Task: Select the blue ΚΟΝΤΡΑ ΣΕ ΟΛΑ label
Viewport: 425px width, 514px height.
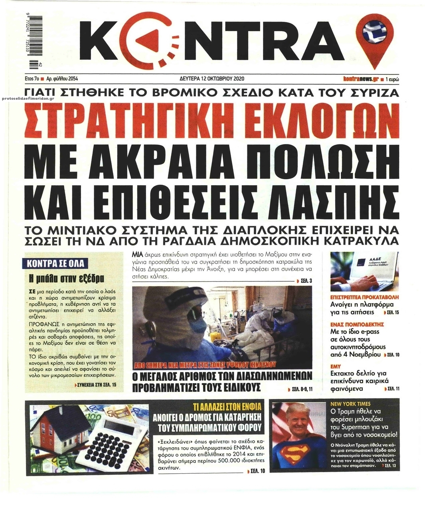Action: pyautogui.click(x=57, y=263)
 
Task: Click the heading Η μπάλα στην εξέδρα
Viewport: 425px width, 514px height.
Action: pyautogui.click(x=67, y=278)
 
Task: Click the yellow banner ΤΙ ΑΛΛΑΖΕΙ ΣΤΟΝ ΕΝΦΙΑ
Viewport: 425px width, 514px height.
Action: pyautogui.click(x=226, y=407)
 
